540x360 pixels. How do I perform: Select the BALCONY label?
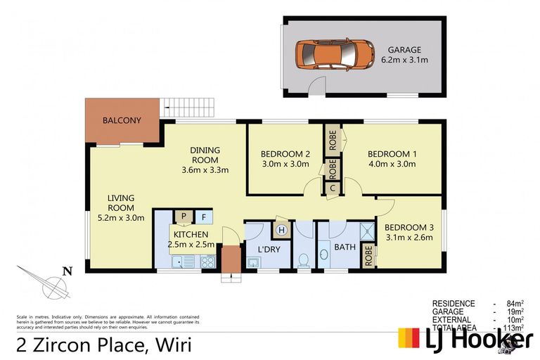pos(122,120)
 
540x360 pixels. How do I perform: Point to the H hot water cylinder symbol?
pos(282,229)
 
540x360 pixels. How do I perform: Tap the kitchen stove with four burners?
pos(208,262)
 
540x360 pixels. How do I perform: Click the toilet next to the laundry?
pos(303,259)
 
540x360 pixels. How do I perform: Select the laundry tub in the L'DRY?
pos(253,263)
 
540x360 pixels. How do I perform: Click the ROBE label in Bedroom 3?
pos(368,255)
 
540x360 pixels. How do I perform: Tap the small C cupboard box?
pos(333,188)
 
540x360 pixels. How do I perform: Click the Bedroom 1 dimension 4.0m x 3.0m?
pos(392,165)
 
